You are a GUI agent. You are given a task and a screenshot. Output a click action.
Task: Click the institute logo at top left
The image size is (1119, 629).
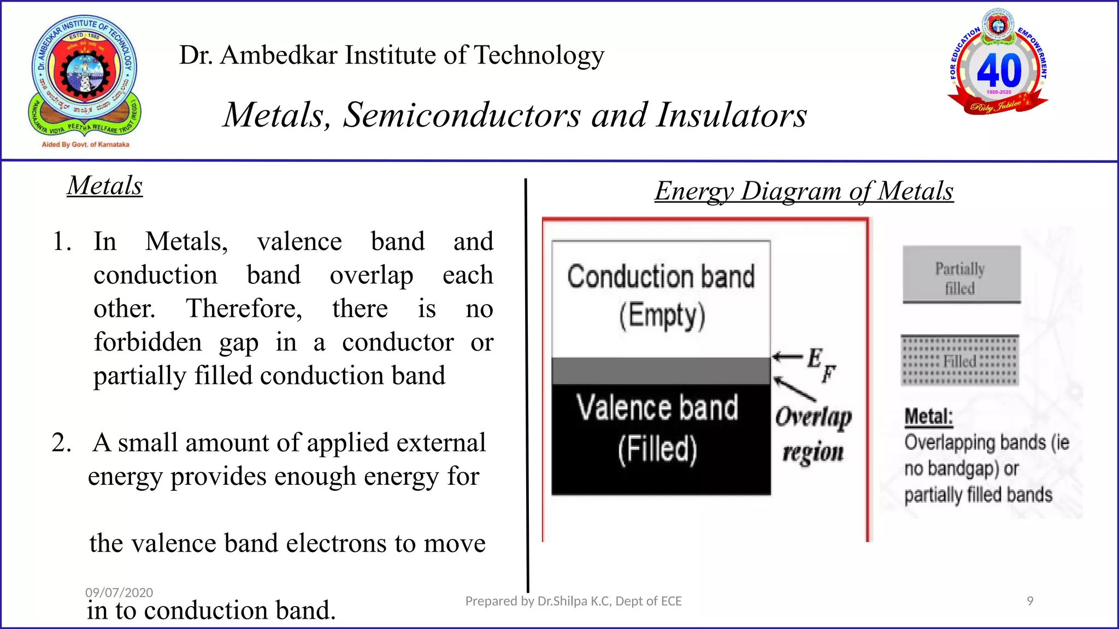pos(85,79)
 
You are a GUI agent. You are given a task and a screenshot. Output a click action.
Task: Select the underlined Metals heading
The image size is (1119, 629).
pos(105,186)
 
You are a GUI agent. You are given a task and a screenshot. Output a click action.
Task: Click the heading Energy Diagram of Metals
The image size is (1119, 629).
pos(804,191)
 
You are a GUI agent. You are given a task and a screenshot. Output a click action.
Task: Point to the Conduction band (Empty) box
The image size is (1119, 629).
pos(661,298)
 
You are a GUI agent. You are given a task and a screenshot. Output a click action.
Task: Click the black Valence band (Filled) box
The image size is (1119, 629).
pos(661,440)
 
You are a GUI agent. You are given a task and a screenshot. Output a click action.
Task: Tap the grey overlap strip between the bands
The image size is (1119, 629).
pos(661,371)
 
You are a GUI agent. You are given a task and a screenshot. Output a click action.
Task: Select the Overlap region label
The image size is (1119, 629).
pos(813,435)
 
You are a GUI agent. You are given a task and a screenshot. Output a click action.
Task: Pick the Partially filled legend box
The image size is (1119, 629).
pos(961,275)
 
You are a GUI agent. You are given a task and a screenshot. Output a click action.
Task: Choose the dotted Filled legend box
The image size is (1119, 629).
pos(959,361)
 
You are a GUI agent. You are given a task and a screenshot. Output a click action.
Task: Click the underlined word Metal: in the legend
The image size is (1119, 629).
pos(928,417)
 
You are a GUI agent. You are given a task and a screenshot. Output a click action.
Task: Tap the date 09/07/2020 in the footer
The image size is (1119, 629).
pos(119,592)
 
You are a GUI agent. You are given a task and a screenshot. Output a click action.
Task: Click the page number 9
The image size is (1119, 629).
pos(1030,601)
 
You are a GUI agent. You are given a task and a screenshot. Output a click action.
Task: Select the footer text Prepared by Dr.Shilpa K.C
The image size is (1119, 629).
pos(573,601)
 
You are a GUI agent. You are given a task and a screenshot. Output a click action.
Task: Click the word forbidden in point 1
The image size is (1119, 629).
pos(148,343)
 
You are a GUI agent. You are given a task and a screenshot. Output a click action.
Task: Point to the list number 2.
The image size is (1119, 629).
pos(61,443)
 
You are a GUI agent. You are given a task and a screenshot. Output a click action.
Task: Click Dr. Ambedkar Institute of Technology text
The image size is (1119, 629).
pos(392,55)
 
